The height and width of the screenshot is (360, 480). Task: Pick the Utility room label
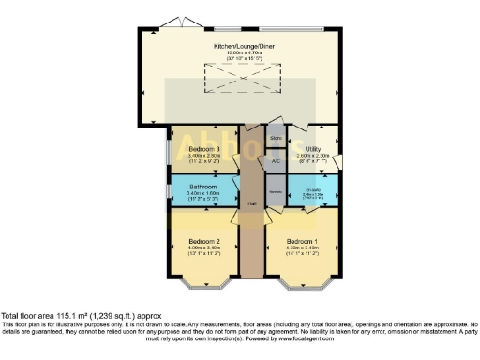(x=313, y=149)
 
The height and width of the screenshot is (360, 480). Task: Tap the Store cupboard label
(x=276, y=139)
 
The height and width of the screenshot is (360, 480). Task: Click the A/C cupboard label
(x=276, y=161)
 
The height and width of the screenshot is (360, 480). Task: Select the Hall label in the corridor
(x=252, y=202)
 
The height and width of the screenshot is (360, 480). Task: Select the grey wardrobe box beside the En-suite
(x=276, y=192)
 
